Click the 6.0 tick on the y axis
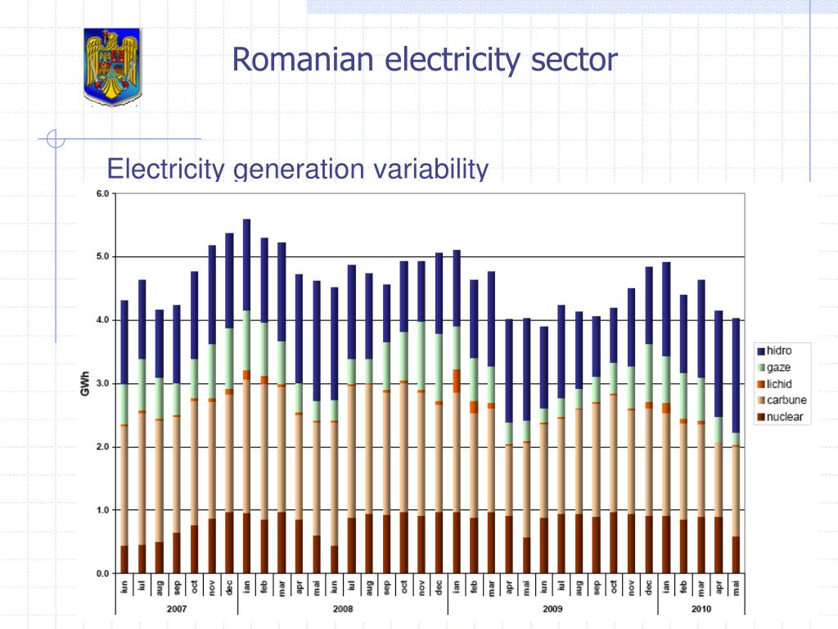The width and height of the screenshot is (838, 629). [102, 194]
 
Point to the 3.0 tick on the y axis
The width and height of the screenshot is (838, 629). [102, 383]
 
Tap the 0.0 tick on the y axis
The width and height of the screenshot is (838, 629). [102, 573]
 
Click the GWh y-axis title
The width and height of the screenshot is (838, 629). [85, 383]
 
